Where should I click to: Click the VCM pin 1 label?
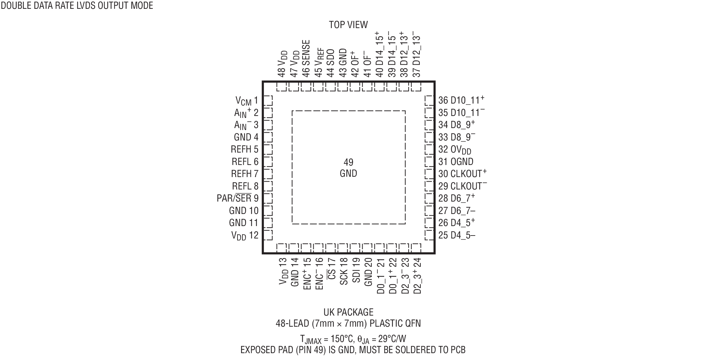pyautogui.click(x=247, y=101)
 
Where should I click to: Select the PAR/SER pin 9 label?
pyautogui.click(x=237, y=198)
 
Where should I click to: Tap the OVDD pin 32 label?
pyautogui.click(x=455, y=150)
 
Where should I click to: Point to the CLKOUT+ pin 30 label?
pyautogui.click(x=463, y=173)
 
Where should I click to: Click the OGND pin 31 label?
pyautogui.click(x=456, y=161)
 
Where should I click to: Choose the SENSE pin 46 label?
pyautogui.click(x=306, y=59)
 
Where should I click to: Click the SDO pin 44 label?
pyautogui.click(x=331, y=63)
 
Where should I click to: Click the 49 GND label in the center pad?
pyautogui.click(x=348, y=168)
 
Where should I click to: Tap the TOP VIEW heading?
pyautogui.click(x=348, y=25)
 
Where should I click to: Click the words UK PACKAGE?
pyautogui.click(x=348, y=312)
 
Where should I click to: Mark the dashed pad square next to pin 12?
pyautogui.click(x=268, y=235)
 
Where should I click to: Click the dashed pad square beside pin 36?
pyautogui.click(x=430, y=100)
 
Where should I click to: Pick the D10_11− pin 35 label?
pyautogui.click(x=461, y=112)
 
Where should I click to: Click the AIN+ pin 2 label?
pyautogui.click(x=246, y=113)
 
